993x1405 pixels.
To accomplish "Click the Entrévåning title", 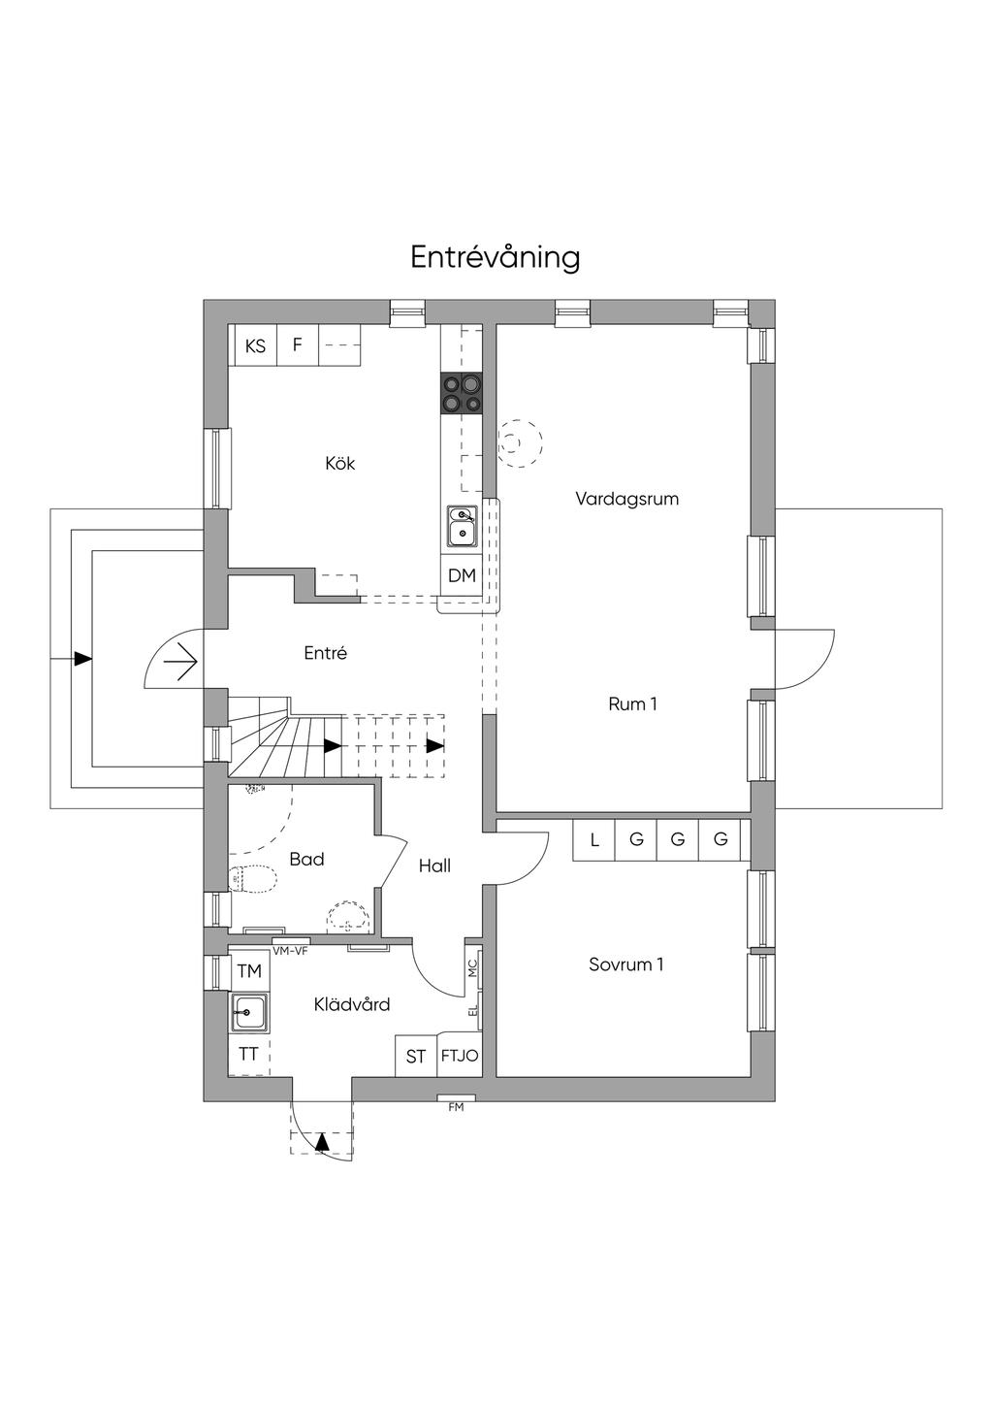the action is pos(495,257).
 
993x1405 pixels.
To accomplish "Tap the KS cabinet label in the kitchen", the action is pos(255,345).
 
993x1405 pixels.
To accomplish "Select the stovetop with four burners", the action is pos(462,394).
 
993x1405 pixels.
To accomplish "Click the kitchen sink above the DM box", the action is pos(462,526).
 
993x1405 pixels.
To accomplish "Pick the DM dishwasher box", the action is pos(462,575).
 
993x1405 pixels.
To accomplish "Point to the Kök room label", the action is pos(340,464).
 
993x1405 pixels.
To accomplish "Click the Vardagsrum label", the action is pos(626,499).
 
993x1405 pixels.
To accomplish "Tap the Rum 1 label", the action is pos(632,703).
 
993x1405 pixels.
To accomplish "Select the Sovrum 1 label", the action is pos(626,964).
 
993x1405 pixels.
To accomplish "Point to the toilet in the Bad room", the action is pos(252,879).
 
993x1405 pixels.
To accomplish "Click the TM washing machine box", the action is pos(249,971).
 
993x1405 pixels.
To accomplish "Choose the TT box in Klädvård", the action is pos(249,1055).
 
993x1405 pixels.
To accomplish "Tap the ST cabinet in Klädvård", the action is pos(416,1057).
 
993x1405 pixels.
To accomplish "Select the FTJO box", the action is pos(460,1056).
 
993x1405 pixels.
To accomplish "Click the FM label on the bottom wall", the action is pos(456,1107).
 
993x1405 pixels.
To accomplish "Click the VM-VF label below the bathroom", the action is pos(291,951).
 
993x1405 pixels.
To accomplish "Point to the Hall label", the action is pos(434,866).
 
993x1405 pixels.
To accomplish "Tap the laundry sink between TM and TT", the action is pos(249,1014).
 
